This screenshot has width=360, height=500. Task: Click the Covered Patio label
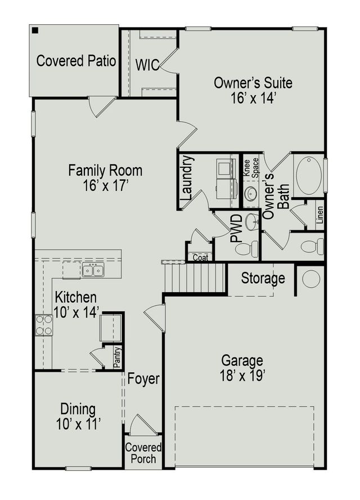[x=76, y=61]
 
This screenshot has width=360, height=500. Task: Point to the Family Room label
[x=105, y=177]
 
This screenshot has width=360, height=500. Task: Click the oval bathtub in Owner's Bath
[x=308, y=176]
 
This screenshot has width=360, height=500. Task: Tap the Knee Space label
[x=250, y=168]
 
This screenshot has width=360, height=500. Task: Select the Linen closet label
[x=319, y=216]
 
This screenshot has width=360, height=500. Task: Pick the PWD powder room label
[x=237, y=228]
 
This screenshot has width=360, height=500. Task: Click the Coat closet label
[x=200, y=257]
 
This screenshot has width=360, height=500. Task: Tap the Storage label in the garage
[x=263, y=279]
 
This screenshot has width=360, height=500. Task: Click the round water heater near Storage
[x=311, y=279]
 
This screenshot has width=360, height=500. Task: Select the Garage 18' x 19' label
[x=242, y=368]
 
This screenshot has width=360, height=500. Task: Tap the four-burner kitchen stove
[x=44, y=325]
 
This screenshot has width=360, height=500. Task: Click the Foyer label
[x=143, y=379]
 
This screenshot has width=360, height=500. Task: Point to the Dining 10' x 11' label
[x=78, y=416]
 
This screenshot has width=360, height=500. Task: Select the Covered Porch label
[x=143, y=453]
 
